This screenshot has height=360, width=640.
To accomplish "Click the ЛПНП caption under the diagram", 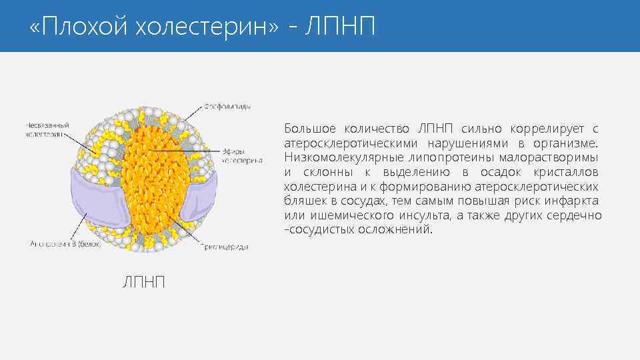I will [x=142, y=283].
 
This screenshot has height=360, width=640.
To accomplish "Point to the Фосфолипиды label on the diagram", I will [x=227, y=107].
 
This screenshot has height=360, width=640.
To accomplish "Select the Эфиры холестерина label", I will [x=241, y=156].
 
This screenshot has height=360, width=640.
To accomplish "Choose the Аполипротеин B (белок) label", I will [x=65, y=244].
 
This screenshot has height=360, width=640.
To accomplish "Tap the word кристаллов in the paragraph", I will [x=568, y=172].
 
